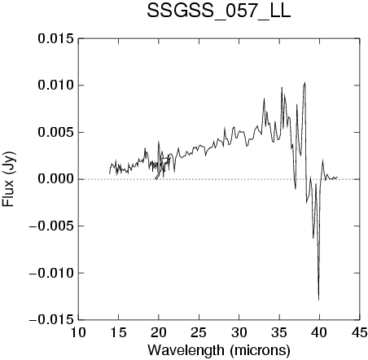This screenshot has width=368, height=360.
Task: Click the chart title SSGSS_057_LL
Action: pos(219,11)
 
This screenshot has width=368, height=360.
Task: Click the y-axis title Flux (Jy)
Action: pos(8,179)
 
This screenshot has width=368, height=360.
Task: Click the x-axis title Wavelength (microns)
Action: pos(219,350)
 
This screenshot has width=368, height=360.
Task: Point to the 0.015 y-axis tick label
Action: pos(55,38)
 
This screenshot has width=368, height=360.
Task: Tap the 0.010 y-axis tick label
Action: pos(55,86)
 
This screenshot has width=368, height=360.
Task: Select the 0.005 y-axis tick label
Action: pos(55,132)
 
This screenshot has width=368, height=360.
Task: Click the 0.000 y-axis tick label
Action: pos(55,179)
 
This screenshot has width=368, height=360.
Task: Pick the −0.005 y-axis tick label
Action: pos(51,226)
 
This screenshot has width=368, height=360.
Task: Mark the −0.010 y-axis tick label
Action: pos(51,273)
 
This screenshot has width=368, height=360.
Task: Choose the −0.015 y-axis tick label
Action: pos(51,320)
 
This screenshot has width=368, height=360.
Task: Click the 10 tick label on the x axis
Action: pos(78,332)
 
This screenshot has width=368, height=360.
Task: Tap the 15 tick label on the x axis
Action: pos(119,332)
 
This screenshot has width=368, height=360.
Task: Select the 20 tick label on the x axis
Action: pos(159,332)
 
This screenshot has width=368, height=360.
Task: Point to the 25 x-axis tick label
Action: pos(199,332)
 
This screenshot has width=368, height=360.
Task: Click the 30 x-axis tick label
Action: pos(239,332)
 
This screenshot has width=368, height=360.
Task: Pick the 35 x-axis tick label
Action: pos(279,332)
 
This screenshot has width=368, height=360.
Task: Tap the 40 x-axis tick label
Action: pos(320,332)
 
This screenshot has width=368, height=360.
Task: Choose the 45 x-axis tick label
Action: pos(360,332)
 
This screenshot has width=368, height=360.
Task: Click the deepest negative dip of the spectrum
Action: pos(318,300)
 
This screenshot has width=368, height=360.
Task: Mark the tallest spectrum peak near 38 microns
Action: pos(305,82)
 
